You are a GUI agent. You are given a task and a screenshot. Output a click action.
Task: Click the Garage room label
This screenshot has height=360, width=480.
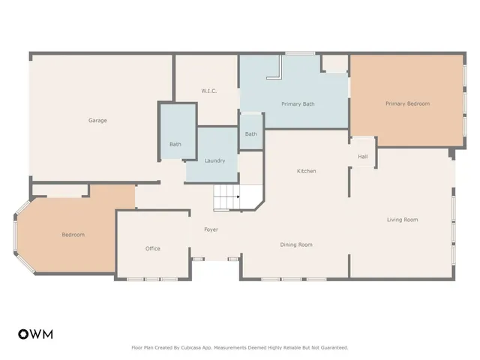[97, 120]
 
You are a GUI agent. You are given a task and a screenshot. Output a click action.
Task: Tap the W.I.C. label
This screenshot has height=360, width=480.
[208, 91]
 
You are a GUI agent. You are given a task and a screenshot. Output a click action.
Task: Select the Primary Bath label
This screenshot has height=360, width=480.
[298, 103]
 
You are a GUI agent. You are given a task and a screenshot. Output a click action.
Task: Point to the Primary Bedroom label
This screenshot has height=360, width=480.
[407, 103]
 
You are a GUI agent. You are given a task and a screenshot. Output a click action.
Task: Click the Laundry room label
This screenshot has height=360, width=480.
[215, 160]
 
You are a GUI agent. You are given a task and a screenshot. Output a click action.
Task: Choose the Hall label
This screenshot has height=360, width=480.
[362, 157]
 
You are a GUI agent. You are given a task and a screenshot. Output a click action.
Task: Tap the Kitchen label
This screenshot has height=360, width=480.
[306, 171]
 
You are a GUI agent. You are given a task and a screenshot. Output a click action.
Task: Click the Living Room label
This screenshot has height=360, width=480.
[402, 220]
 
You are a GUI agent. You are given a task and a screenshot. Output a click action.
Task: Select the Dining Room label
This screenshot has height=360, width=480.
[296, 244]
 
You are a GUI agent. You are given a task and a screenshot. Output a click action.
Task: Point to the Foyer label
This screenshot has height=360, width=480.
[211, 229]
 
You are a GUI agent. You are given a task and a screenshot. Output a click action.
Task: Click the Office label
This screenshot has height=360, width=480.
[153, 248]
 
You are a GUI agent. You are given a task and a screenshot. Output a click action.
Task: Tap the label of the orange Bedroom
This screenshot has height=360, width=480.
[73, 235]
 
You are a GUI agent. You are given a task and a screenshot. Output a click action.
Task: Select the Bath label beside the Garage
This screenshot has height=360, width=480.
[175, 144]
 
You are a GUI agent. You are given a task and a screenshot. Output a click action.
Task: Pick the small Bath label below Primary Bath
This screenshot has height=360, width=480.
[250, 134]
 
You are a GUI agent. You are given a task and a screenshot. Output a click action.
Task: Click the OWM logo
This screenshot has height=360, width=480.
[35, 334]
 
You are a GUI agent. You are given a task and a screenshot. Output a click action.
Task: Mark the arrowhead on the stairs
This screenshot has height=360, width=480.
[238, 197]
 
